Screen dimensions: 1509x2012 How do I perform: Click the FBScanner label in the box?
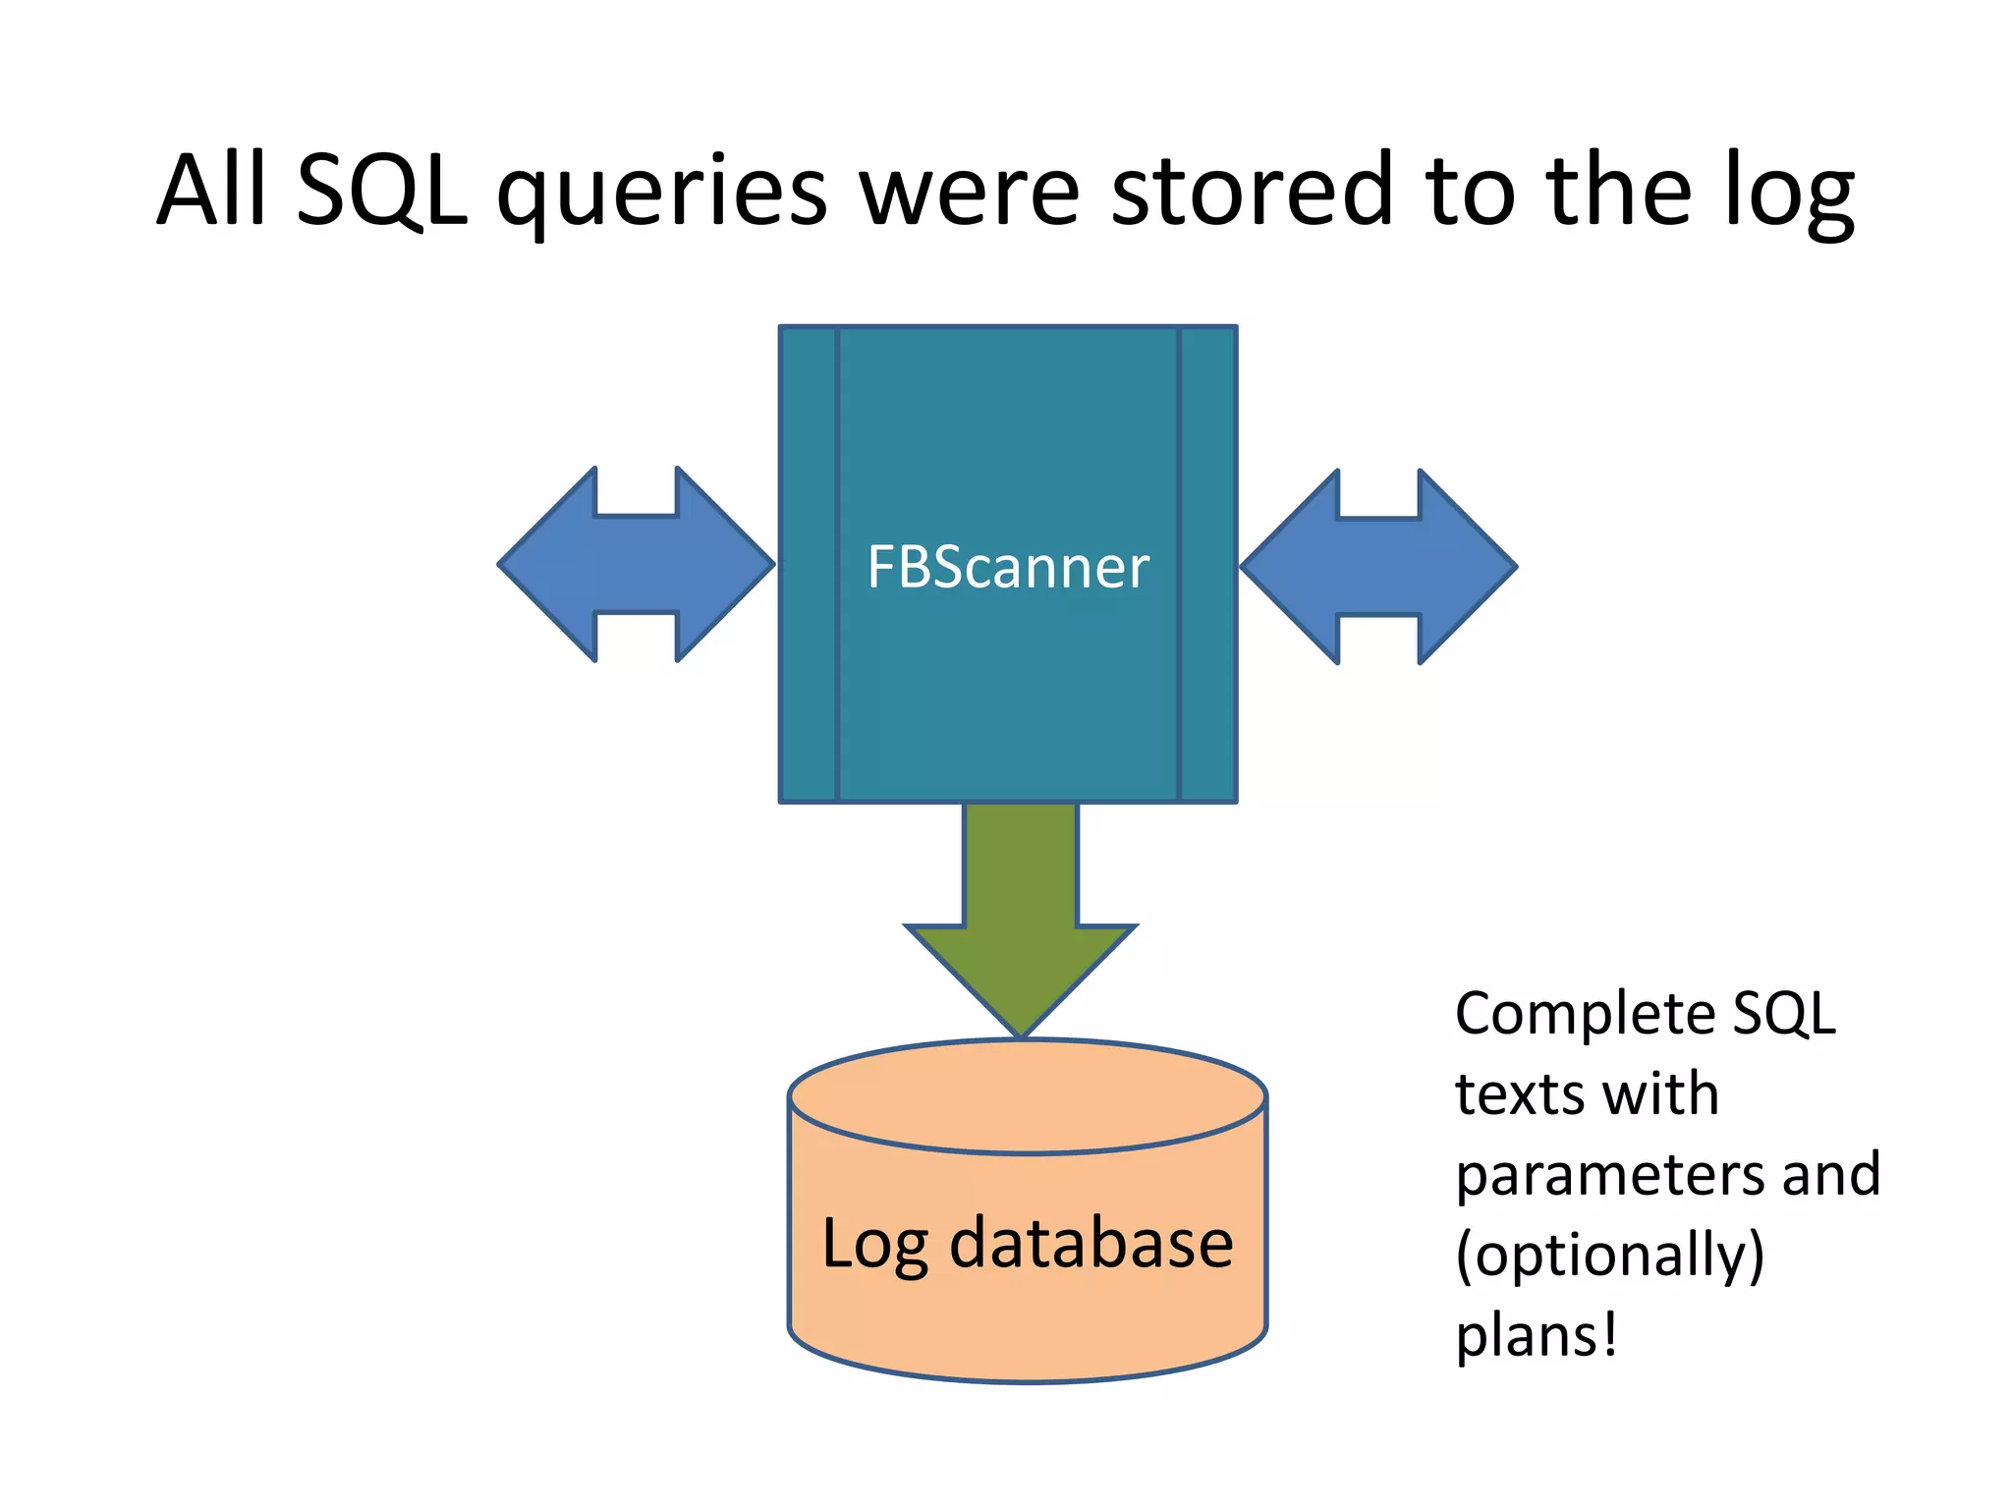(1008, 567)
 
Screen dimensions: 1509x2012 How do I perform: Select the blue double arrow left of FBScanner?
(637, 564)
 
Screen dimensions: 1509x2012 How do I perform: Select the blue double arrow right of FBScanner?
(1378, 566)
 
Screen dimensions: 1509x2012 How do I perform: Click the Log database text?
(1027, 1244)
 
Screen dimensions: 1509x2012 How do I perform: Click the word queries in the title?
(662, 195)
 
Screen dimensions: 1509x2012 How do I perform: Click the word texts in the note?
(1519, 1095)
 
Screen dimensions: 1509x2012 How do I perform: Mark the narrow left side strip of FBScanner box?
(809, 565)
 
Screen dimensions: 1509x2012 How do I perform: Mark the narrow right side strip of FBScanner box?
(1207, 565)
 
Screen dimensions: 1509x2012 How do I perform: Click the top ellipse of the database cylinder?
(1027, 1095)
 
